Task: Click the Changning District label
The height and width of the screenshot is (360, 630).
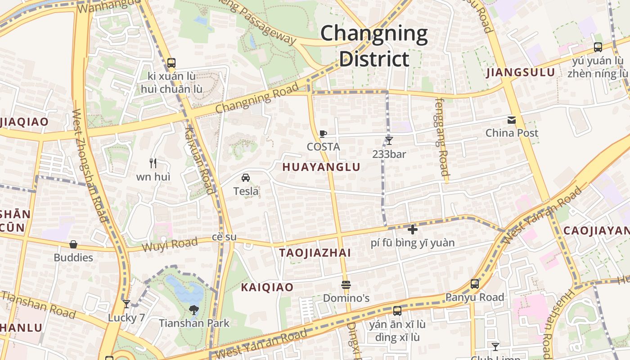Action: (374, 46)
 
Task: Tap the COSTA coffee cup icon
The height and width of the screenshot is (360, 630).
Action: (323, 134)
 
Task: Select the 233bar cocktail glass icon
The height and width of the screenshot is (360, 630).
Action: (389, 141)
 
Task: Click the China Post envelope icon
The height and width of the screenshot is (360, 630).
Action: (512, 120)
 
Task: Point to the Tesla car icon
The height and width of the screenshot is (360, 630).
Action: (246, 178)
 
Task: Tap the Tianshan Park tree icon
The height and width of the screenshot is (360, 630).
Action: (194, 310)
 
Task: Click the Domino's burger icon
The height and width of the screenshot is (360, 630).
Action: (346, 285)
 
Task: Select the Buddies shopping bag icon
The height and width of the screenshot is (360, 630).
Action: (73, 244)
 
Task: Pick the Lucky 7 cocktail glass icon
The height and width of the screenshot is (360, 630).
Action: (126, 304)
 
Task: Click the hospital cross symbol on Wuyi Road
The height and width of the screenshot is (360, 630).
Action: (412, 229)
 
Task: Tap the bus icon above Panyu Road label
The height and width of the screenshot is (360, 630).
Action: (475, 284)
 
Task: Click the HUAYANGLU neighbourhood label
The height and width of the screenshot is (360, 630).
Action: (321, 167)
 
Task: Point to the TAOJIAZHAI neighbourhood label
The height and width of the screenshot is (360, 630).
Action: (315, 252)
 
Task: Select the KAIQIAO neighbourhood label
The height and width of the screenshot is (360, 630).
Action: (267, 287)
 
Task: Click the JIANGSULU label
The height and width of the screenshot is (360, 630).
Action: (521, 72)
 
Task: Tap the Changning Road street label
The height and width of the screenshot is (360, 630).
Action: (257, 98)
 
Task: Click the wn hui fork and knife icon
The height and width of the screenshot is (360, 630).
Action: (153, 163)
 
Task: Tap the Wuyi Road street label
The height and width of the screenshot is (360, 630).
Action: (170, 245)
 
